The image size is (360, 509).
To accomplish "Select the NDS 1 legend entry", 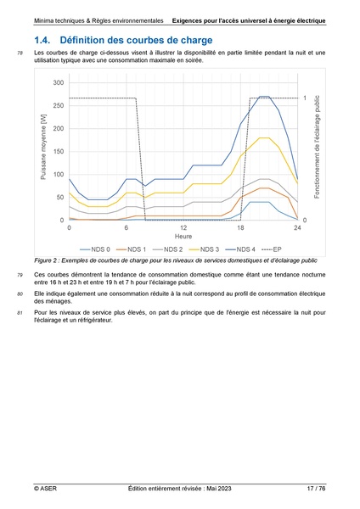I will pos(135,249).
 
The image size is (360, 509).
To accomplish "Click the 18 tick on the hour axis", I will pos(240,228).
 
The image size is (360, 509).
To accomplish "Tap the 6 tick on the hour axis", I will pos(127,228).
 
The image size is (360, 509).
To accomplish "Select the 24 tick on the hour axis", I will pos(297,228).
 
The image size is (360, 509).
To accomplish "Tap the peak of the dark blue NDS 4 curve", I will pos(264,97).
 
